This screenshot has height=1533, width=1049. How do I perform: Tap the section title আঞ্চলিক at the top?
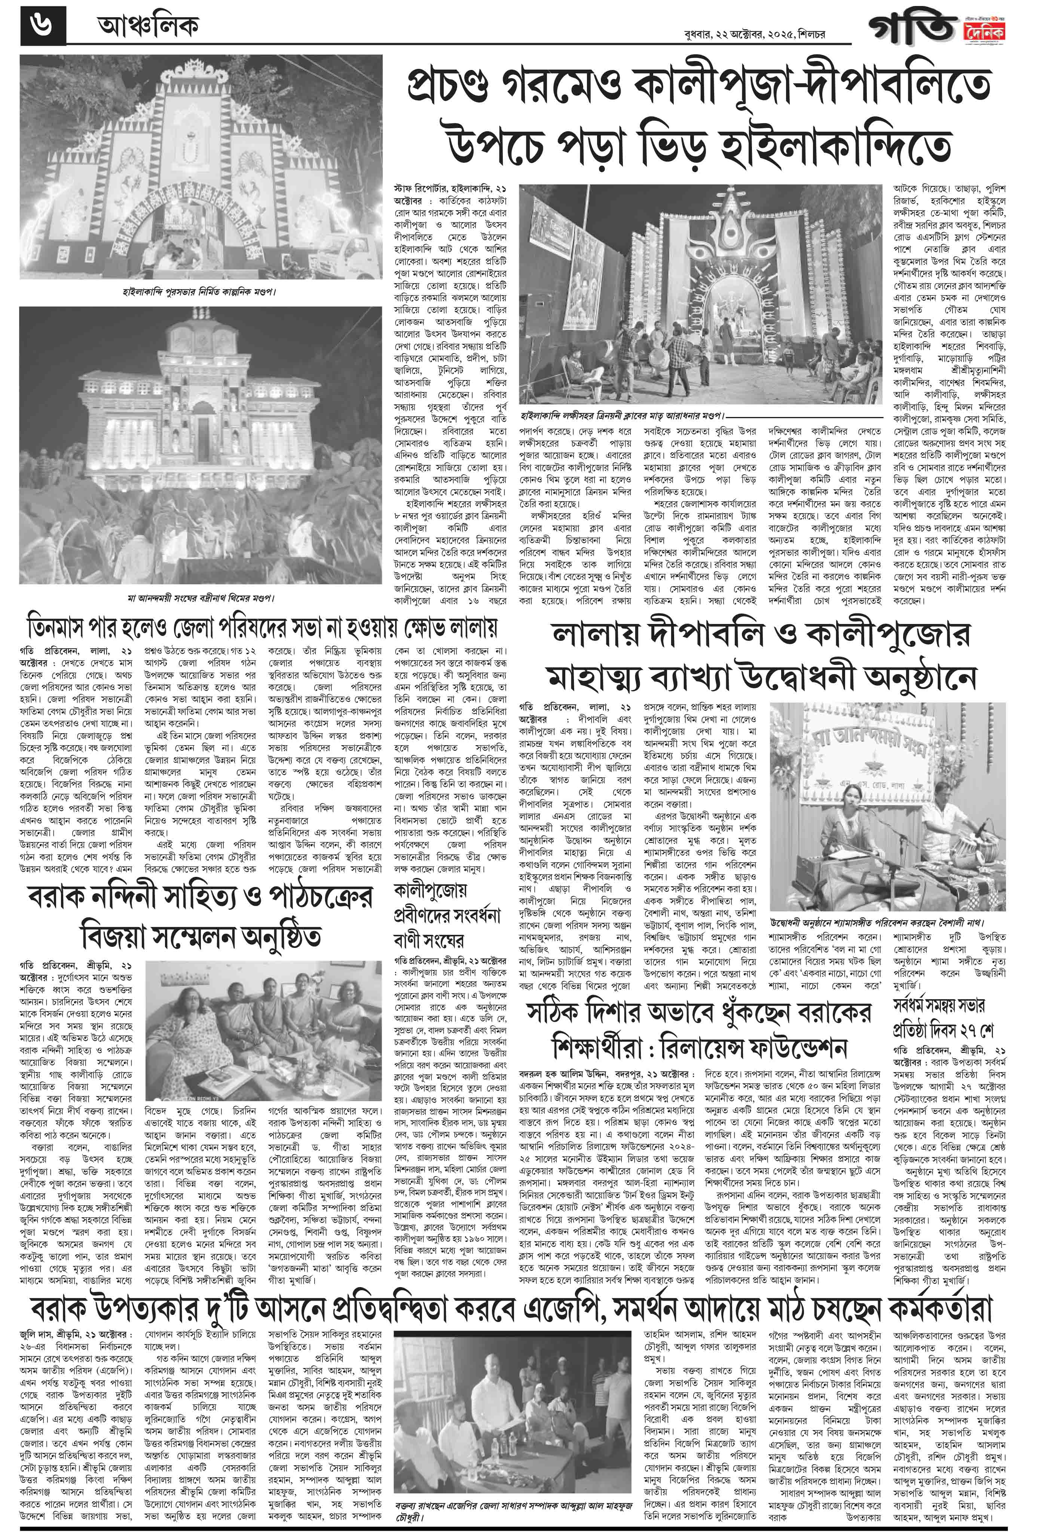point(147,27)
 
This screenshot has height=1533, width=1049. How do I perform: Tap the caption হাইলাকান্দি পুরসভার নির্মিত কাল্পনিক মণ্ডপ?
point(199,291)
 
